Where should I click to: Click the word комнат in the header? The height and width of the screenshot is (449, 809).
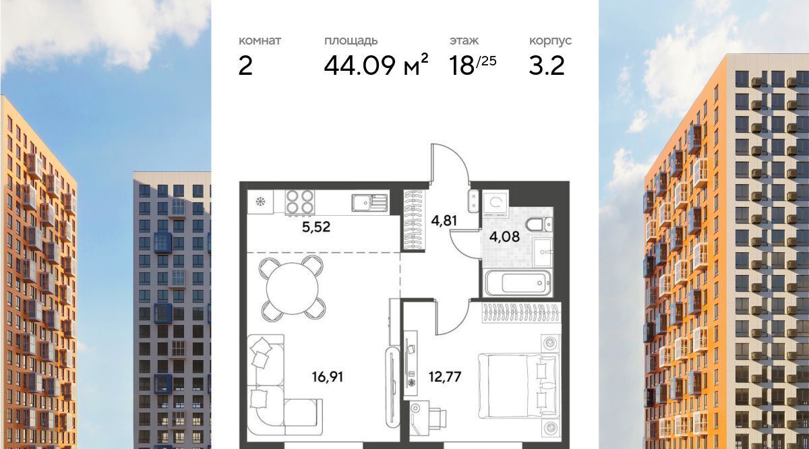tap(260, 41)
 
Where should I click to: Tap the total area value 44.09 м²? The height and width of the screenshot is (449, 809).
tap(376, 65)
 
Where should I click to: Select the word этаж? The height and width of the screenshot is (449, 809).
tap(464, 41)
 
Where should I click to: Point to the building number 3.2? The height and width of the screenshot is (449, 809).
tap(547, 66)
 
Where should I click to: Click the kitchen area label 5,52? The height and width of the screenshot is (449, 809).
tap(316, 227)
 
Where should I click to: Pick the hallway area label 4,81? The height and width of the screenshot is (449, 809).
tap(444, 220)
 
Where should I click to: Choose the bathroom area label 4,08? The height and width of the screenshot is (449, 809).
tap(504, 237)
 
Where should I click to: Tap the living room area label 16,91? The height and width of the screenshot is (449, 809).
tap(328, 377)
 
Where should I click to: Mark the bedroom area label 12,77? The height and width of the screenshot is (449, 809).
tap(445, 377)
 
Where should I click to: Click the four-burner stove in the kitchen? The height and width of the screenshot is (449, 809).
tap(299, 202)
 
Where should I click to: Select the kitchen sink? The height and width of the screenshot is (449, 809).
tap(369, 203)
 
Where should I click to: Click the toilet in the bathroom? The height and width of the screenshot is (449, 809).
tap(539, 224)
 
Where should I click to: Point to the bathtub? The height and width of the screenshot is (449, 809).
tap(518, 283)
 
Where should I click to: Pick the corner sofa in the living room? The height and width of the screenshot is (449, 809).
tap(274, 385)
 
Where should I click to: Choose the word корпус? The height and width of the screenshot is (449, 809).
tap(550, 41)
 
